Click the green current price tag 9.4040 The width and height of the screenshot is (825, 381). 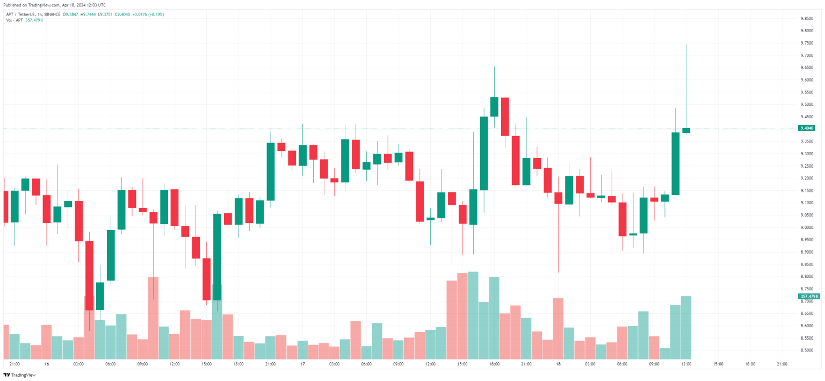(807, 128)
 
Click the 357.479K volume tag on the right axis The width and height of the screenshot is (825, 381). (809, 296)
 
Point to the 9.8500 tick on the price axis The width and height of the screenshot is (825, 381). (806, 18)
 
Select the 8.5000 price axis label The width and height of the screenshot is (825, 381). (806, 350)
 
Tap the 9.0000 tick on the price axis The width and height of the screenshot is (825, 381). (806, 227)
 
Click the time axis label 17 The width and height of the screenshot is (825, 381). (303, 364)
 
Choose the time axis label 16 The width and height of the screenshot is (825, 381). (47, 364)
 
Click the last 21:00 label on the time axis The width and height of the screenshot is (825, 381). (782, 364)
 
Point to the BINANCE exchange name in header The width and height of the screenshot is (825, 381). (54, 15)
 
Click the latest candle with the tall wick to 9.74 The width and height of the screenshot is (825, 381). (686, 130)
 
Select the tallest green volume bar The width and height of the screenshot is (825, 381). (473, 315)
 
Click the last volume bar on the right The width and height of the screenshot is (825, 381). (686, 327)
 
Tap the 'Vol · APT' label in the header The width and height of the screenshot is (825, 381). (15, 20)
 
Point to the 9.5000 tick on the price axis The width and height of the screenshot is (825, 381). (806, 104)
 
